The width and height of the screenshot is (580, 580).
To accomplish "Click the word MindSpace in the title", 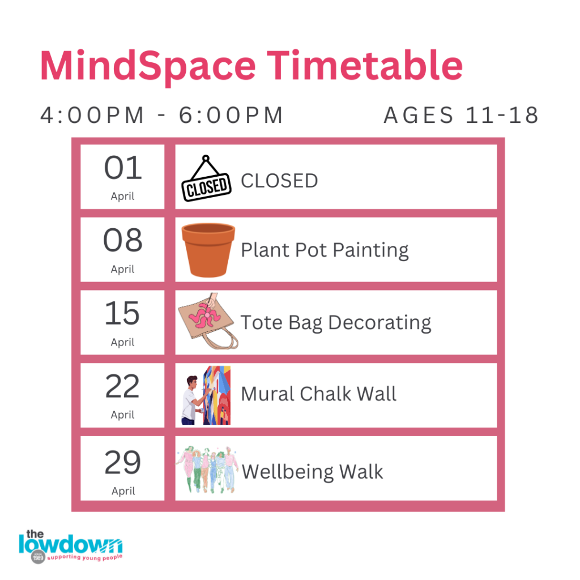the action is coord(148,67).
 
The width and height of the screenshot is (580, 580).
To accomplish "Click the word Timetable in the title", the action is coord(365,65).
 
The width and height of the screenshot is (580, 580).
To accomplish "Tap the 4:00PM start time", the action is coord(92,115).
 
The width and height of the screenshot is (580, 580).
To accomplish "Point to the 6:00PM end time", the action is coord(231,115).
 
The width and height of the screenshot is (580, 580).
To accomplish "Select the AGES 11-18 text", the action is coord(461,115).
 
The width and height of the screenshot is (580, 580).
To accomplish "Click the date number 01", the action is coord(123,168).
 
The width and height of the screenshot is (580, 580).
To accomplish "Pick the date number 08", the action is coord(123,240).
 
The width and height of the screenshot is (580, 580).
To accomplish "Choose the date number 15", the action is coord(122,313).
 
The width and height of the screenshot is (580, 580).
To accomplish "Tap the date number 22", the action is coord(122,386).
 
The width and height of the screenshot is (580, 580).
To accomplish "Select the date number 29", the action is coord(123,462).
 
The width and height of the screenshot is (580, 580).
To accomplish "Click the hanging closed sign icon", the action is coord(206,178).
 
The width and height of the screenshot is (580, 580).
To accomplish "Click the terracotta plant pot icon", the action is coord(208,250).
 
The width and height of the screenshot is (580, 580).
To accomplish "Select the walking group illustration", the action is coord(207,470).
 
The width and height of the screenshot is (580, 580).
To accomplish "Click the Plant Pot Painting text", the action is coord(325,250).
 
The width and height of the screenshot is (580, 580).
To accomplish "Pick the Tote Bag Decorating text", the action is coord(336,323).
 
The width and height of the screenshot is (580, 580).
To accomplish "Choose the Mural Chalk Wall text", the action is coord(318,394).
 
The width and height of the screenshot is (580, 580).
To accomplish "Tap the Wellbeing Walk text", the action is coord(312,472).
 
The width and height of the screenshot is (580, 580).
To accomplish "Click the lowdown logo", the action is coord(71,547).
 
